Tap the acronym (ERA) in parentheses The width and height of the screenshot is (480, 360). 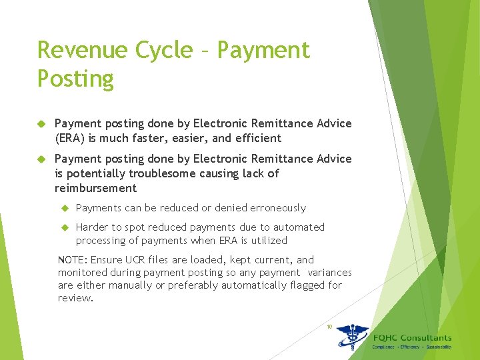click(x=69, y=139)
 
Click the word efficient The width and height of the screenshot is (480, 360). click(x=257, y=139)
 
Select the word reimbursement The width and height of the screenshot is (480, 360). click(x=95, y=188)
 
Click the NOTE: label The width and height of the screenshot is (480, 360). click(x=73, y=260)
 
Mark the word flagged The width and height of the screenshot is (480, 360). click(x=300, y=285)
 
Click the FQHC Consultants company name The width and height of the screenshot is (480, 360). click(x=412, y=338)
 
